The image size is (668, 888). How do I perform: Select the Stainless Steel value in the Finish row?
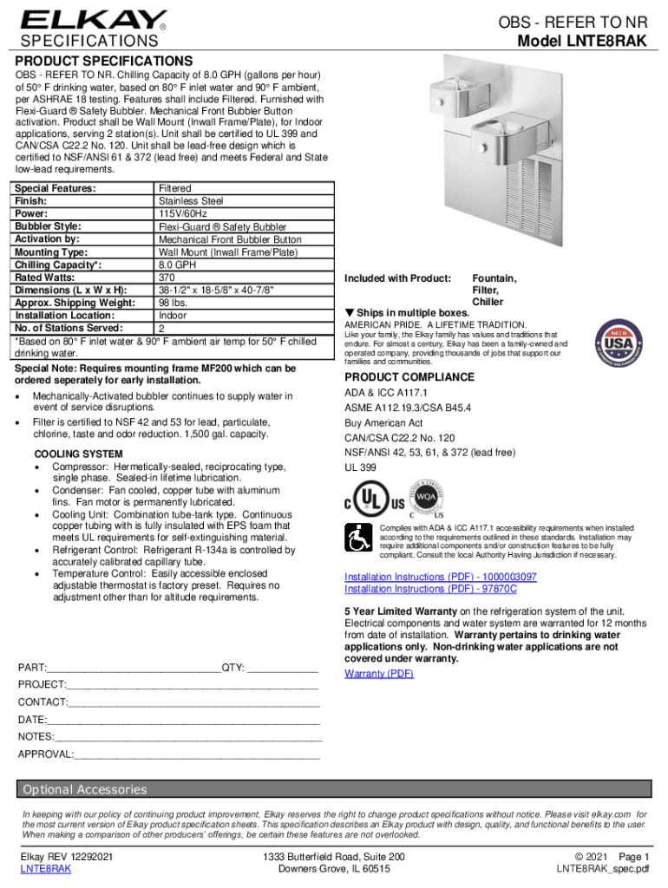pyautogui.click(x=190, y=201)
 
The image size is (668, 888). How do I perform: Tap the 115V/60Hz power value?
pyautogui.click(x=183, y=213)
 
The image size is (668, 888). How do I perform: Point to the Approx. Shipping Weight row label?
pyautogui.click(x=75, y=303)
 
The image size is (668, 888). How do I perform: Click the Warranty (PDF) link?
pyautogui.click(x=379, y=674)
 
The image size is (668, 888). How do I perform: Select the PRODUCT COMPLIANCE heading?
pyautogui.click(x=409, y=377)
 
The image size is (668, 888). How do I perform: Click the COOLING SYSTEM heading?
pyautogui.click(x=78, y=454)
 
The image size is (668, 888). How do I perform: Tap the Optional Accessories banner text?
pyautogui.click(x=85, y=789)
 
